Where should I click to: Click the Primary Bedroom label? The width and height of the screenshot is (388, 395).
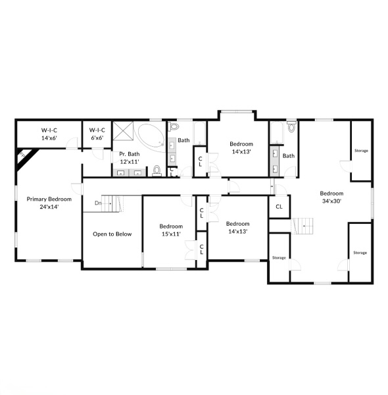click(x=49, y=202)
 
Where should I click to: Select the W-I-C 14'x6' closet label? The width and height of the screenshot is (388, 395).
click(x=50, y=134)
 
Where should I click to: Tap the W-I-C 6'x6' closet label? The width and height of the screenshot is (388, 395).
click(x=97, y=134)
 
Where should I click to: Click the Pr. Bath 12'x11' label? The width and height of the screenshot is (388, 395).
click(x=129, y=157)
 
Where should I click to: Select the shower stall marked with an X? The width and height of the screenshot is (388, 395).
click(x=123, y=133)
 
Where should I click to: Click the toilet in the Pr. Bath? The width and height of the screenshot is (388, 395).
click(x=157, y=171)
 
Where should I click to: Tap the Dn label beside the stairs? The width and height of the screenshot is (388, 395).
click(x=98, y=203)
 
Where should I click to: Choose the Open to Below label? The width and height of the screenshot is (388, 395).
click(x=112, y=234)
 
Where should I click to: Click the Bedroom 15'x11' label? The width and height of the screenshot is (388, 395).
click(x=171, y=230)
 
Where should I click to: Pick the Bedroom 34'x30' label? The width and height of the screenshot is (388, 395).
click(x=331, y=197)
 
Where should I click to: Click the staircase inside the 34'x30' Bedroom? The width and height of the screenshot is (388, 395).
click(x=303, y=226)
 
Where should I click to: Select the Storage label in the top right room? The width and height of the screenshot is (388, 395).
click(x=360, y=151)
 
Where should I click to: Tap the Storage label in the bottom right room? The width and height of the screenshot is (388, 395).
click(x=360, y=252)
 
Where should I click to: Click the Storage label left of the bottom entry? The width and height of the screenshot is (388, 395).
click(x=279, y=257)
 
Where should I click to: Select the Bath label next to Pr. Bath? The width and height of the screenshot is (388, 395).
click(x=183, y=140)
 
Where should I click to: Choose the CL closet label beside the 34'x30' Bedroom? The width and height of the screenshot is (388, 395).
click(x=279, y=206)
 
